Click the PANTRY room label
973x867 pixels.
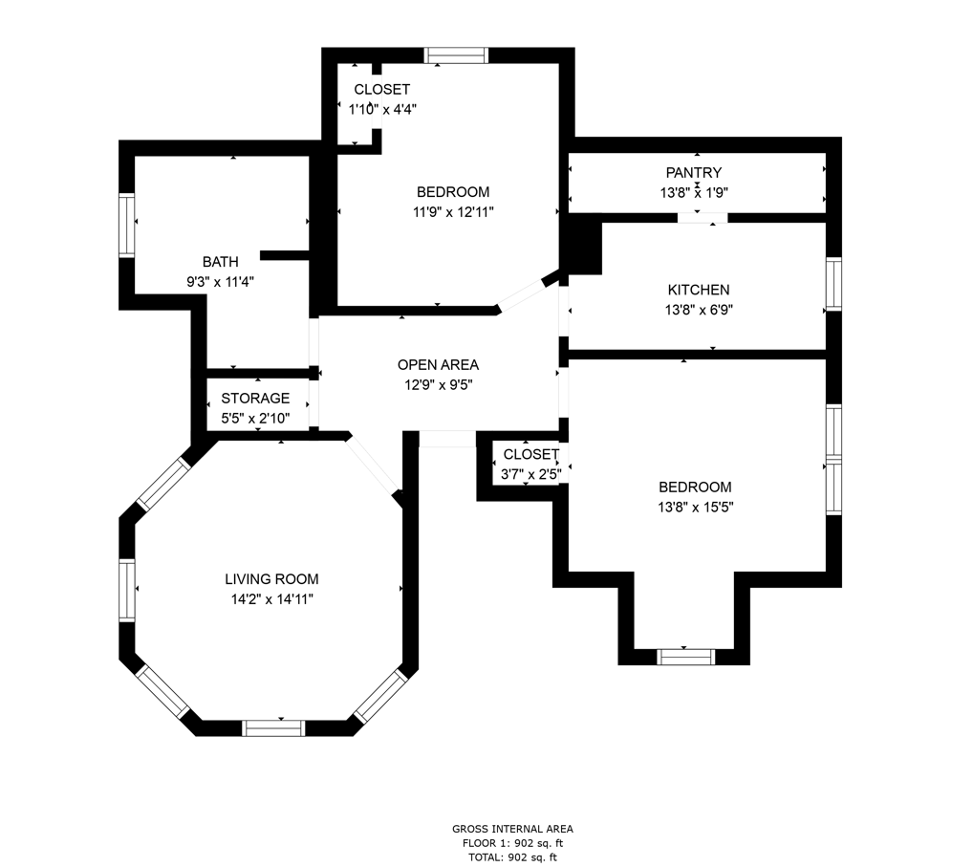(x=694, y=172)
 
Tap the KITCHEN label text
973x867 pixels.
(x=699, y=290)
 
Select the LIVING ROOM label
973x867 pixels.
(x=271, y=579)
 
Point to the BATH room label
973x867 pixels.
(x=220, y=262)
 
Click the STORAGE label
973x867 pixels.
(x=255, y=399)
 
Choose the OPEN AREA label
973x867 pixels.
(x=438, y=365)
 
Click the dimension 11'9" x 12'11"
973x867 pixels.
(x=454, y=212)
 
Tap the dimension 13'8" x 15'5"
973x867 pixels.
(x=696, y=507)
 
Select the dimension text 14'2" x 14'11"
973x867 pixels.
(x=271, y=599)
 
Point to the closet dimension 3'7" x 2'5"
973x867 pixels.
(x=531, y=475)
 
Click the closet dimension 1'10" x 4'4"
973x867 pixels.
(x=382, y=110)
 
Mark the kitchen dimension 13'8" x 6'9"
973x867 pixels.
(x=699, y=310)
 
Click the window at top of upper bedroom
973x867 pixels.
(x=456, y=55)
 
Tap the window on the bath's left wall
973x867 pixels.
(x=126, y=226)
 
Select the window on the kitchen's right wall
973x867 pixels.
(x=834, y=284)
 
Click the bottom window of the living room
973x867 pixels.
(x=273, y=728)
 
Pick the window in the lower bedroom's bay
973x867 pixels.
(x=685, y=657)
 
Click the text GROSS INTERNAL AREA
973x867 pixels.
(x=512, y=829)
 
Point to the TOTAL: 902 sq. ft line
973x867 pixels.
(x=512, y=857)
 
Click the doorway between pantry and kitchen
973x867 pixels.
(x=702, y=218)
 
